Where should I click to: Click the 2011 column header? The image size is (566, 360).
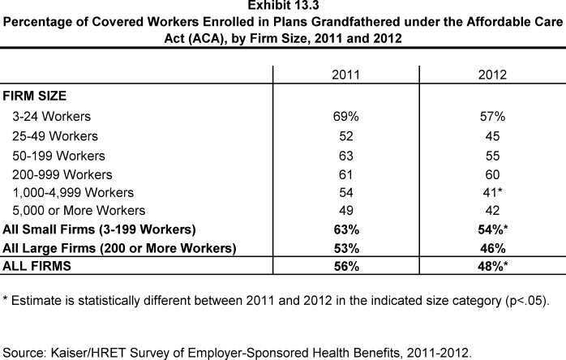click(345, 75)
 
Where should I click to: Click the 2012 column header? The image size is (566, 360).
click(492, 75)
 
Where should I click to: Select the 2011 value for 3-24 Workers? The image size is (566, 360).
click(345, 116)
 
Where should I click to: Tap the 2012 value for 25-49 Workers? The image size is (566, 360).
click(492, 136)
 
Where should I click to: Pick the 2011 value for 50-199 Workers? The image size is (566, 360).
click(345, 156)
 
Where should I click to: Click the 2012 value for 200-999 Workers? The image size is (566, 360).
click(492, 175)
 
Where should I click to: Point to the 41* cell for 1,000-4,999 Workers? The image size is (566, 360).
click(492, 192)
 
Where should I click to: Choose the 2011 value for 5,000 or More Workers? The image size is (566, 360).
click(345, 211)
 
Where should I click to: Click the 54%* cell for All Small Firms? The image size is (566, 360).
click(493, 229)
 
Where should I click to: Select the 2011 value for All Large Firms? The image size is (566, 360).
click(346, 248)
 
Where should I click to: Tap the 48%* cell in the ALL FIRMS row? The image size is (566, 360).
click(493, 266)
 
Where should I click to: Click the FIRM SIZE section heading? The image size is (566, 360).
click(35, 96)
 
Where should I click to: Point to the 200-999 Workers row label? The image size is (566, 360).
click(62, 175)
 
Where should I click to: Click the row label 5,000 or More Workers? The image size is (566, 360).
click(79, 211)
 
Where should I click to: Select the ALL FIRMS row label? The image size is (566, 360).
click(36, 266)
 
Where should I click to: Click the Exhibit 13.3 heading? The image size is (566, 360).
click(283, 6)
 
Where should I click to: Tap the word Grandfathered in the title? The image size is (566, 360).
click(355, 22)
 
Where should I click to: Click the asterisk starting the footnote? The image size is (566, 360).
click(5, 298)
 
